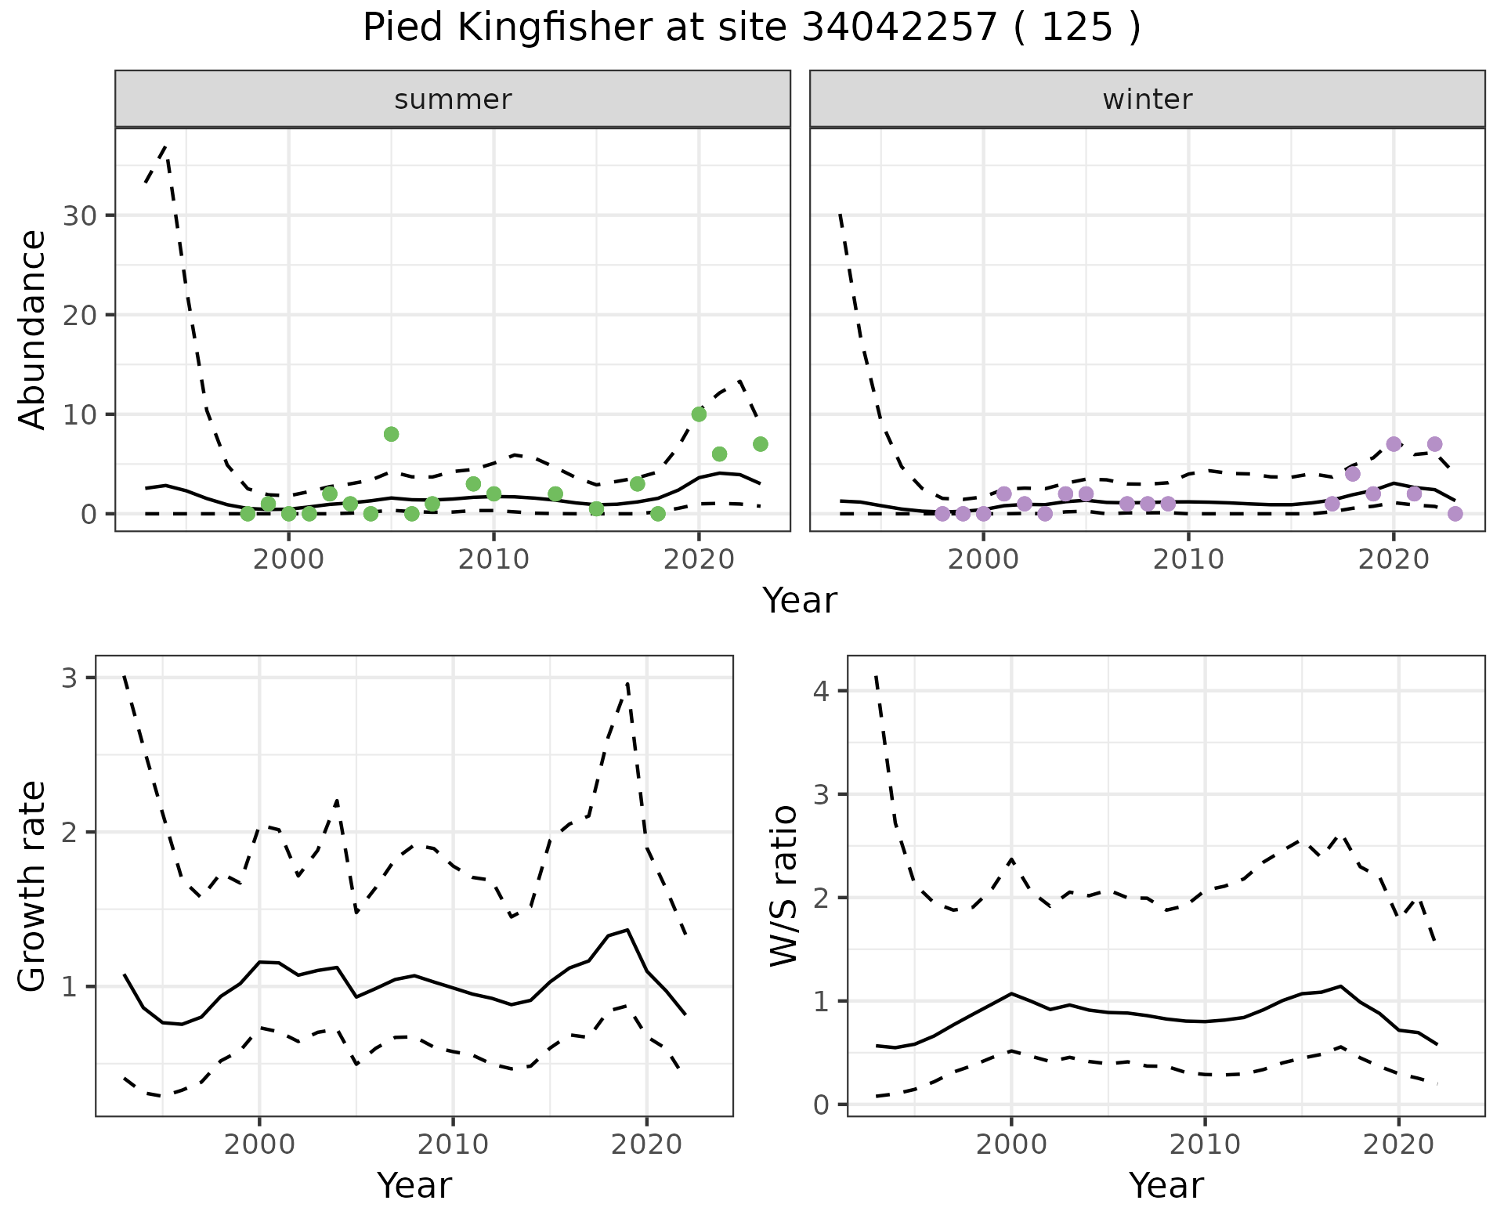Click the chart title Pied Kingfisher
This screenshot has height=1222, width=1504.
coord(751,29)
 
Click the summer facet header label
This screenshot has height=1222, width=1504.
coord(453,99)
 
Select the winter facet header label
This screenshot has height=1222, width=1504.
coord(1147,99)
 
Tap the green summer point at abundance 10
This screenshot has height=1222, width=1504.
coord(699,414)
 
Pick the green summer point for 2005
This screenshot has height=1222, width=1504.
coord(392,434)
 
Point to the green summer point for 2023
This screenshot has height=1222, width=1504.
coord(760,444)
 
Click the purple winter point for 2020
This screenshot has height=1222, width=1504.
coord(1394,444)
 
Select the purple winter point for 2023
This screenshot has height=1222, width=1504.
coord(1455,514)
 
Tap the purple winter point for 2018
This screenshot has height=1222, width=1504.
coord(1353,474)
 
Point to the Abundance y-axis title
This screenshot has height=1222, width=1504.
coord(33,330)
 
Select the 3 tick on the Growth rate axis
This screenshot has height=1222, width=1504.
coord(70,678)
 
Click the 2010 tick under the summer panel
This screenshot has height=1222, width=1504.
coord(493,560)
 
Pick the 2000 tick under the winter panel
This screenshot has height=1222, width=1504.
coord(983,560)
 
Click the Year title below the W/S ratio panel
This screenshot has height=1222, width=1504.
coord(1166,1186)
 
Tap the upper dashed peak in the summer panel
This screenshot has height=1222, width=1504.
coord(165,146)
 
